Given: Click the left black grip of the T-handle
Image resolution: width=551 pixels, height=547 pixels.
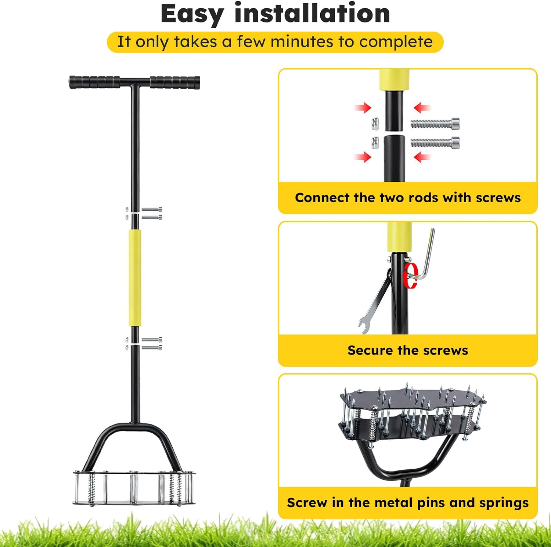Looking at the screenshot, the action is point(94,82).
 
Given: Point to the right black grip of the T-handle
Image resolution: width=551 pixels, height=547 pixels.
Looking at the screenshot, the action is point(175,82).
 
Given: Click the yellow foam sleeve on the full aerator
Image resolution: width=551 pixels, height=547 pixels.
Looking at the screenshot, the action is point(135,278).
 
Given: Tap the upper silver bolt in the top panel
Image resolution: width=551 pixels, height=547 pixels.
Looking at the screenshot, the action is point(435,124).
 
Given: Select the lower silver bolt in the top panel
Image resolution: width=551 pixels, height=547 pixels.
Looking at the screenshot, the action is point(435,142).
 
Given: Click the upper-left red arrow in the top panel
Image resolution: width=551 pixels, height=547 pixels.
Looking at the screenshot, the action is point(363,108).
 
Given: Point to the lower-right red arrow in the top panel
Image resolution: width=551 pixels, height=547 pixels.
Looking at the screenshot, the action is point(422,157).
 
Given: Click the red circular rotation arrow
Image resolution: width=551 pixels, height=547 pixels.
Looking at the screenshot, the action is point(410,275).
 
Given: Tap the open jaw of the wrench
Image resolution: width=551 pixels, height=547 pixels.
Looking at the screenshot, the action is point(363,326).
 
